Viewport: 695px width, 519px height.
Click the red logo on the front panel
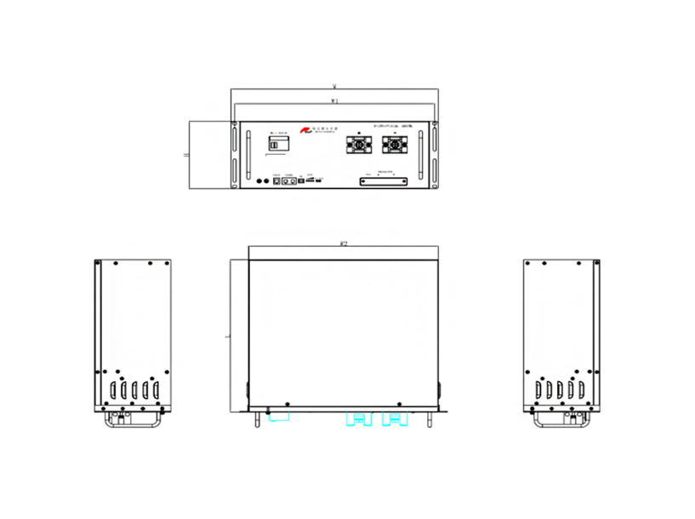(x=304, y=130)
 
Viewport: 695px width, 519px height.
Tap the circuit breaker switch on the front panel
(x=276, y=145)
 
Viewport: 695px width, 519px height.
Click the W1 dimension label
(x=334, y=101)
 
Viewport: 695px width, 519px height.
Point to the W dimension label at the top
(x=334, y=87)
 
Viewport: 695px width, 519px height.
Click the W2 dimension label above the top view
(x=343, y=244)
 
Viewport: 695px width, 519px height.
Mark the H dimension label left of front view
(x=187, y=155)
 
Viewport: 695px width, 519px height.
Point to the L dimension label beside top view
(x=225, y=337)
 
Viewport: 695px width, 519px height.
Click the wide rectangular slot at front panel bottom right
(x=384, y=180)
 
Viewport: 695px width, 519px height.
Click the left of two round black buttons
(x=261, y=180)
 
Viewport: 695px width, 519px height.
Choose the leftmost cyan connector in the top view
(x=277, y=417)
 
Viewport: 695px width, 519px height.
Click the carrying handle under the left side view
(x=133, y=419)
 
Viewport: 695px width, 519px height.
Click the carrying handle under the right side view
(x=561, y=419)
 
